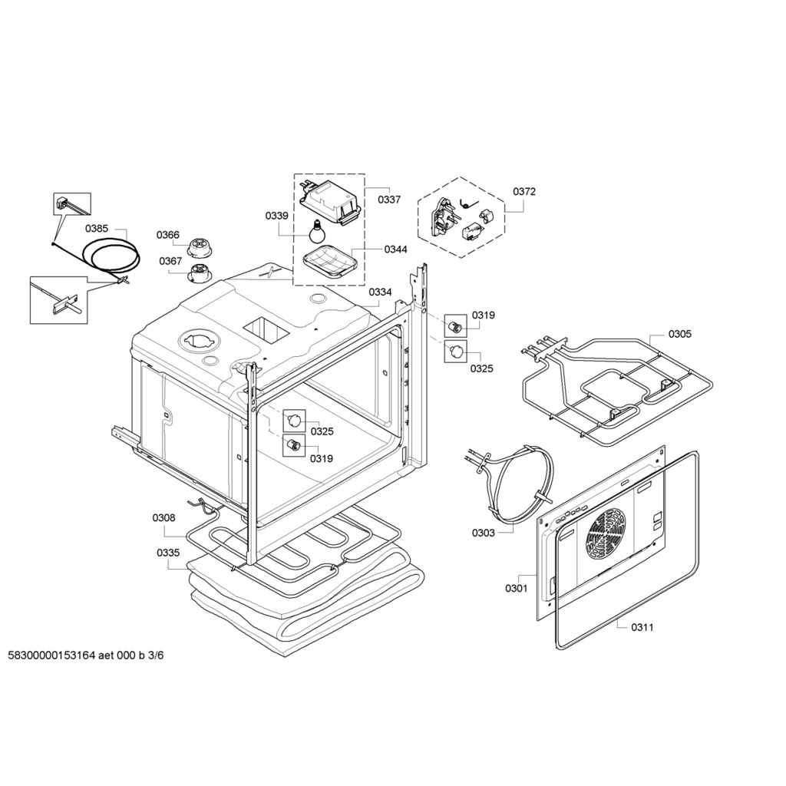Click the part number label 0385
(96, 229)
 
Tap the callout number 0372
(523, 191)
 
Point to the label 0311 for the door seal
(642, 627)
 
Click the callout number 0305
(679, 334)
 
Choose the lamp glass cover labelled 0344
(329, 261)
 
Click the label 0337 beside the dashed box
(389, 200)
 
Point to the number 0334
(380, 292)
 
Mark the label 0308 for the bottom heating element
(164, 518)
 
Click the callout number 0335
(168, 553)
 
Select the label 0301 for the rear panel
(517, 588)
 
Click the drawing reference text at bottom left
(86, 656)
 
